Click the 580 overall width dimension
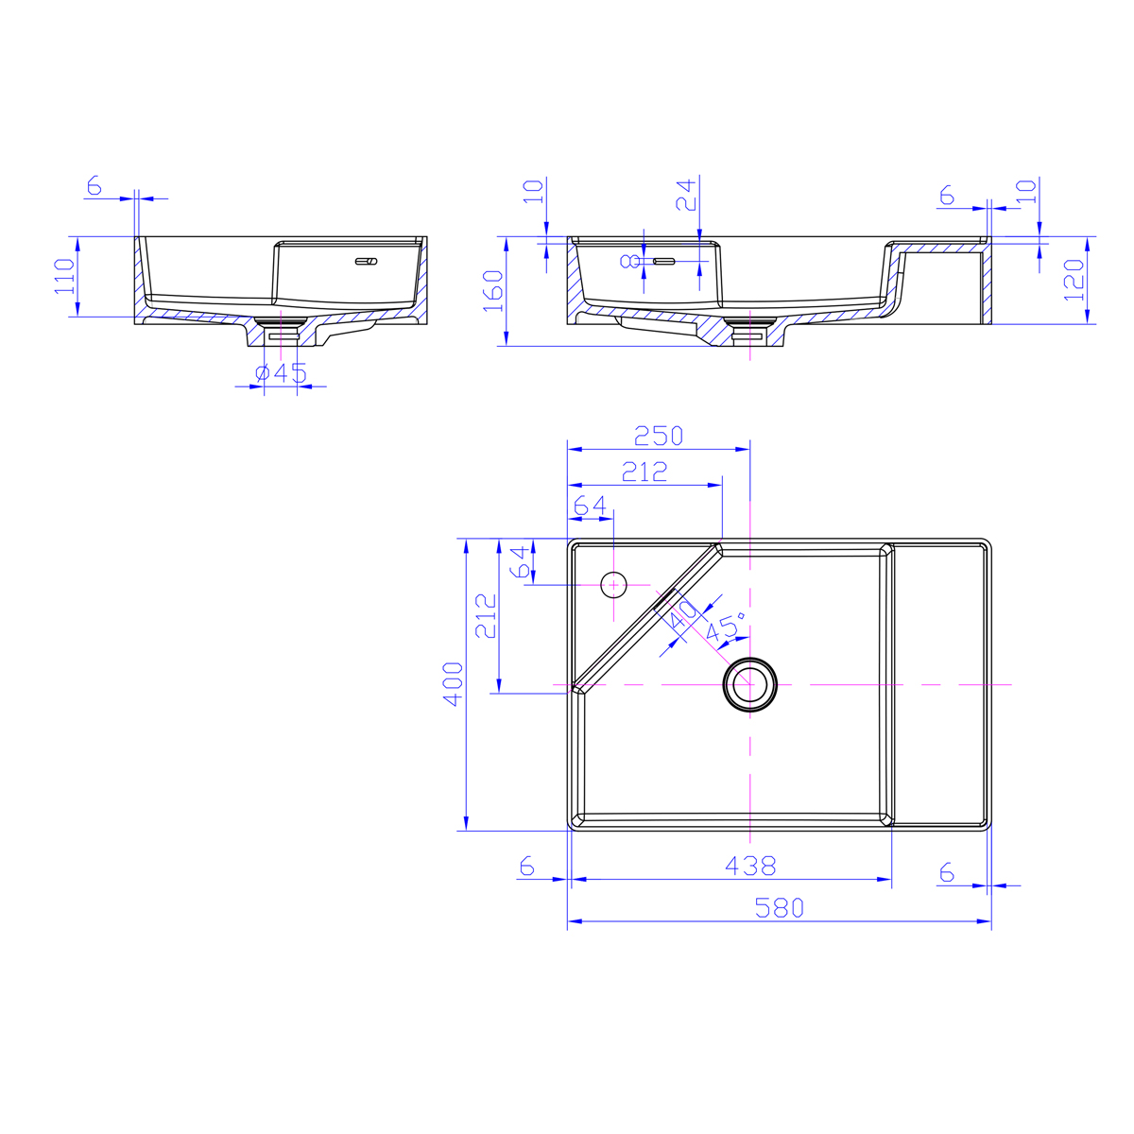click(x=779, y=907)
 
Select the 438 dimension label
click(x=750, y=866)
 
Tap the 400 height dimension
click(x=454, y=684)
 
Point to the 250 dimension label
click(x=659, y=436)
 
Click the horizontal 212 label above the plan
click(x=644, y=472)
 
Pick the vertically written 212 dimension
click(x=486, y=616)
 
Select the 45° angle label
click(x=726, y=627)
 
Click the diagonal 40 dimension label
click(x=682, y=614)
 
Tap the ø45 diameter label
click(x=281, y=372)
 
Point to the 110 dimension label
click(x=64, y=277)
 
